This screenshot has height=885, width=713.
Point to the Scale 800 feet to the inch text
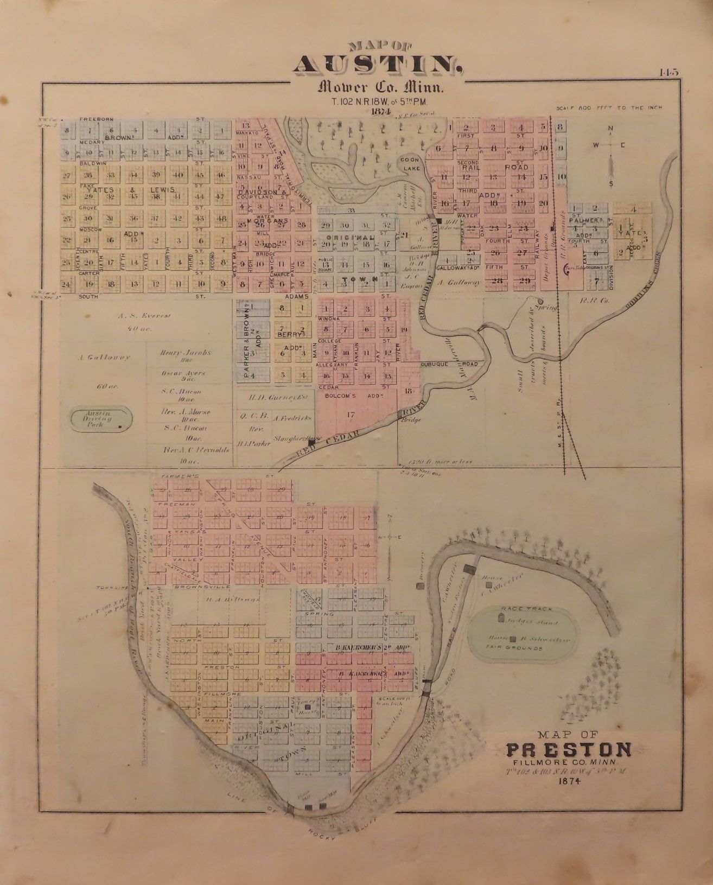point(607,108)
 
